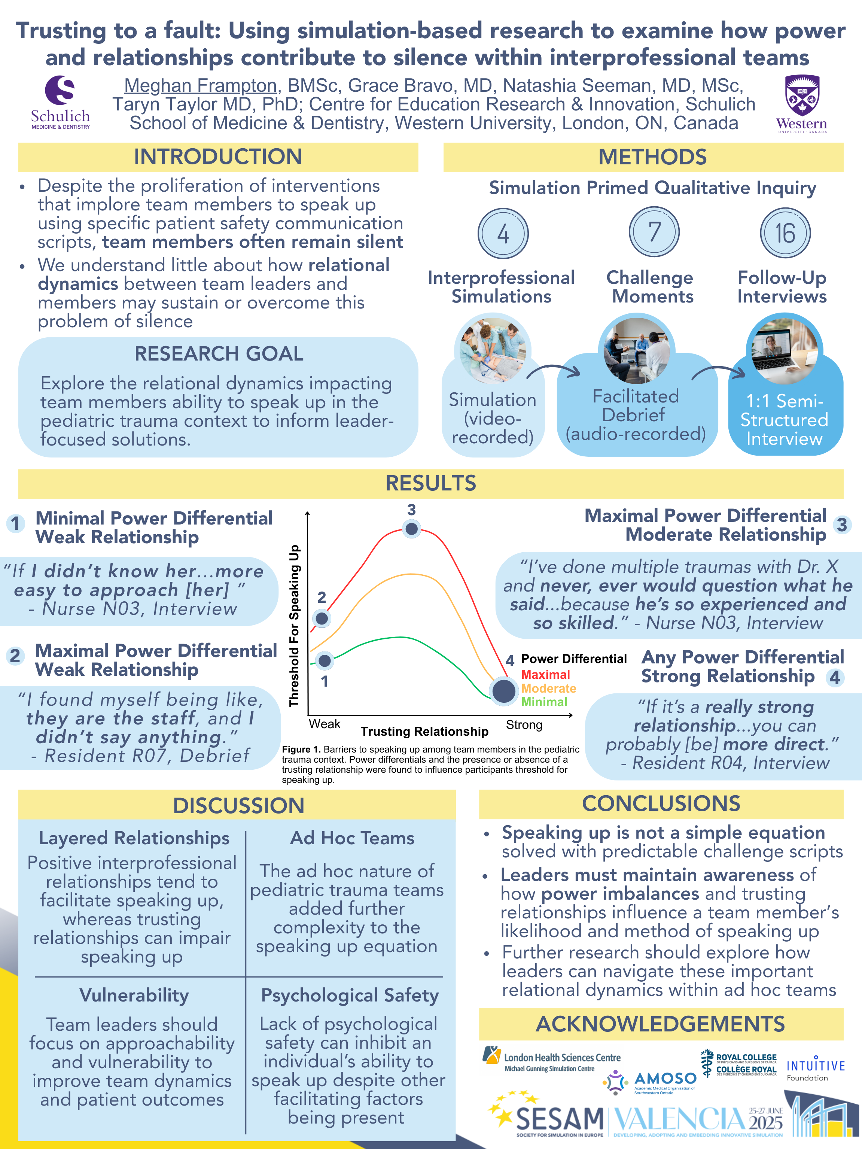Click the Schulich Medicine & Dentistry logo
(x=60, y=102)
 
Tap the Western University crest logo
(x=801, y=103)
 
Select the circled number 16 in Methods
(x=785, y=233)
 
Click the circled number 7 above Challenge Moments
(x=654, y=232)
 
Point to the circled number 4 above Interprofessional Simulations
(x=503, y=234)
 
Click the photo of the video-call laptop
(x=784, y=351)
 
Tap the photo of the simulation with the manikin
(x=492, y=351)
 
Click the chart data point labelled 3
(x=412, y=529)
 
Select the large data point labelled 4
(x=503, y=691)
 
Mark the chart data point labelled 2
(x=322, y=618)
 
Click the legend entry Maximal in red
(x=545, y=674)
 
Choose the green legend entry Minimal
(x=544, y=702)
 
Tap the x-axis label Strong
(x=524, y=724)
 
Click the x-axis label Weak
(x=325, y=724)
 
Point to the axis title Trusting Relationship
(x=424, y=732)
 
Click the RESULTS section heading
(x=430, y=483)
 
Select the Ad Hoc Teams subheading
(x=352, y=838)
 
